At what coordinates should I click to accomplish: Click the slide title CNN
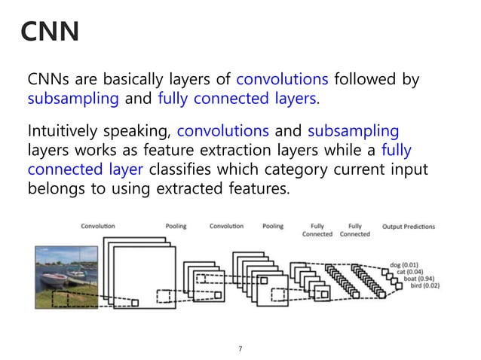pyautogui.click(x=49, y=32)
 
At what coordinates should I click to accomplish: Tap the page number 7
pyautogui.click(x=240, y=348)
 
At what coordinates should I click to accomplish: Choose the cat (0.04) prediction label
pyautogui.click(x=411, y=272)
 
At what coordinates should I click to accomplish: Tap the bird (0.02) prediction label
pyautogui.click(x=420, y=285)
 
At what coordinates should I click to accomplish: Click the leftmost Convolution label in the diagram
pyautogui.click(x=97, y=226)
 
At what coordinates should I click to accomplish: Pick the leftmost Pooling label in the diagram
pyautogui.click(x=176, y=226)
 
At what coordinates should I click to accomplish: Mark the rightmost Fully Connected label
pyautogui.click(x=355, y=230)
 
